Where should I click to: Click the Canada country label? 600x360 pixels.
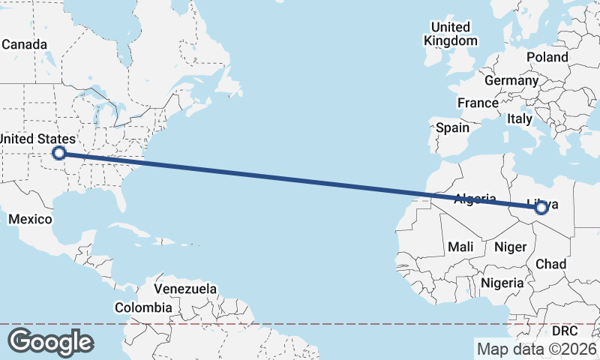(24, 44)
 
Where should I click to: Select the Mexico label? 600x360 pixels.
(30, 219)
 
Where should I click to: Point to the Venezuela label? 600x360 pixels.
(185, 289)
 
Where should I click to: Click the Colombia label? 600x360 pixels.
(142, 307)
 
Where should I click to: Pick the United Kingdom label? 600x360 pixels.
(451, 34)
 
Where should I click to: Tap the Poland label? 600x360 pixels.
(547, 57)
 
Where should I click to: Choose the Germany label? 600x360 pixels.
(511, 81)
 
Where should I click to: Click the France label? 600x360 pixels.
(478, 103)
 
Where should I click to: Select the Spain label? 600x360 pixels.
(452, 127)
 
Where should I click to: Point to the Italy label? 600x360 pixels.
(519, 118)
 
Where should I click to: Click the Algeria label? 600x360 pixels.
(476, 199)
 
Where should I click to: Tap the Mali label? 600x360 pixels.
(460, 247)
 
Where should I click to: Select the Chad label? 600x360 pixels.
(550, 264)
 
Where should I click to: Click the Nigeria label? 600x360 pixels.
(501, 283)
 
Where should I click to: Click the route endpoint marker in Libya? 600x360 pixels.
(541, 209)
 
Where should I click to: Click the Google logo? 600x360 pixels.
(50, 342)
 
